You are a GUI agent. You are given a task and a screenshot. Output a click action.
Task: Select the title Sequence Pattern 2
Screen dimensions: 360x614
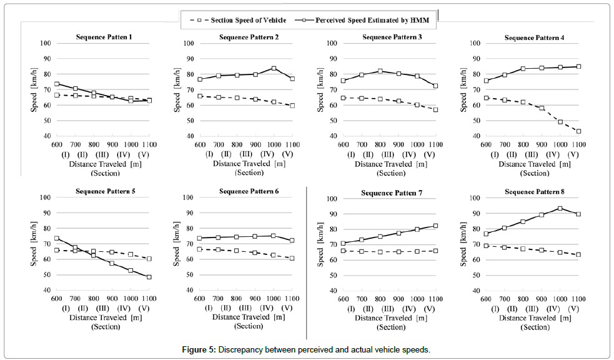(249, 37)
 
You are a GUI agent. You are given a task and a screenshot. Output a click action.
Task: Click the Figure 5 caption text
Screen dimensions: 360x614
(306, 349)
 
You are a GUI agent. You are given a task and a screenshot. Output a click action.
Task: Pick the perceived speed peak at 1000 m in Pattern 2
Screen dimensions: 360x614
(274, 68)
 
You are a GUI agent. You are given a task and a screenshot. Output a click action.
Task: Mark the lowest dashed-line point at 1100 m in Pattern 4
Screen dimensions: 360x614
(578, 131)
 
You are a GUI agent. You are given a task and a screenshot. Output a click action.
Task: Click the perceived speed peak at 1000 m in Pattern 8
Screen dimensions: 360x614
(560, 208)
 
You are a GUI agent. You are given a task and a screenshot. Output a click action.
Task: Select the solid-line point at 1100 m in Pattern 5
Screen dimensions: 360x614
(149, 277)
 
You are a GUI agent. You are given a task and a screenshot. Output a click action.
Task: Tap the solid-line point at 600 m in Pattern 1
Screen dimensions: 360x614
(57, 84)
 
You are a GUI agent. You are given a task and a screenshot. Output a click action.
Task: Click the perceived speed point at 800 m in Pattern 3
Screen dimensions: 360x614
(380, 71)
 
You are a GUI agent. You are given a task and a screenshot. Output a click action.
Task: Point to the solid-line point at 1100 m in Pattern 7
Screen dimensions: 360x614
(435, 226)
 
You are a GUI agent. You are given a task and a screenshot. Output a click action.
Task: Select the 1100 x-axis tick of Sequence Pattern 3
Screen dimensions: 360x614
(435, 144)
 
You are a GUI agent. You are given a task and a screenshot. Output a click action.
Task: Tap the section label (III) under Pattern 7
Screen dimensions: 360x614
(387, 309)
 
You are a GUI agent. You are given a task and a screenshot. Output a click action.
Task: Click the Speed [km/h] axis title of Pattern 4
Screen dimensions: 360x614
(464, 89)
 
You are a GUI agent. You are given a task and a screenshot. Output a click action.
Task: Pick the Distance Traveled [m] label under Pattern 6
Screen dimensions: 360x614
(248, 317)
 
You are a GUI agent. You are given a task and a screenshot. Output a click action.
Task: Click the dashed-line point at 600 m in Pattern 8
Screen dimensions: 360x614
(485, 246)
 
